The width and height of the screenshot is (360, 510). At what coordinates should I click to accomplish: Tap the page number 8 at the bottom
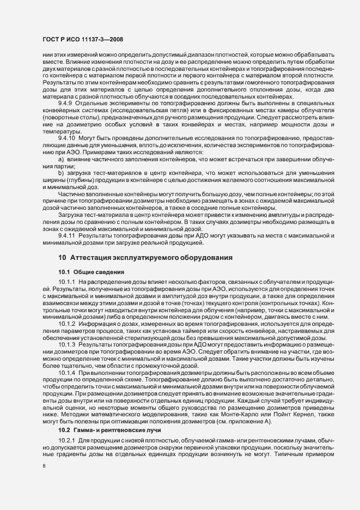[x=44, y=466]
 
